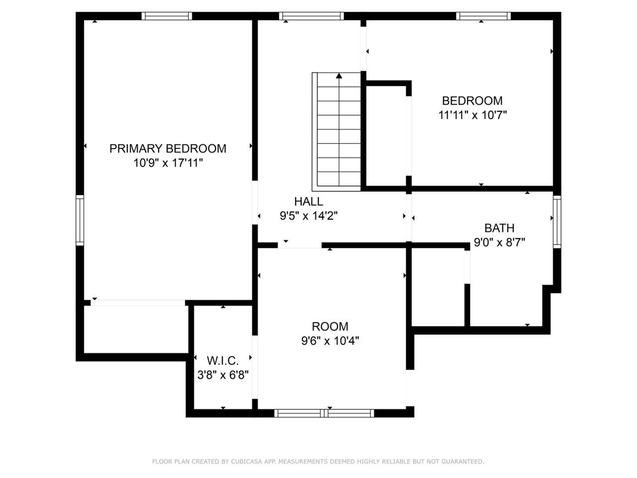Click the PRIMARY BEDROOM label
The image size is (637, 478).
point(167,148)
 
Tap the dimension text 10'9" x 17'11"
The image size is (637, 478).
point(168,163)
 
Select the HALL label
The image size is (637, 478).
point(309,202)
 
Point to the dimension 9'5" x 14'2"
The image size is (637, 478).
point(309,216)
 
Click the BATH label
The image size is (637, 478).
point(499,228)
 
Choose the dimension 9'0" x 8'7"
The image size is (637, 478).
point(499,242)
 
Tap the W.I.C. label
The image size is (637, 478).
point(222,361)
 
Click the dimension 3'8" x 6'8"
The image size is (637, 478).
point(223,375)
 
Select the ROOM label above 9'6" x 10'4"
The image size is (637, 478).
point(330,327)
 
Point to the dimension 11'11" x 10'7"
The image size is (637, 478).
point(472,115)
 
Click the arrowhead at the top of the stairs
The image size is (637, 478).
point(339,76)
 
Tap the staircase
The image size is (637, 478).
point(336,131)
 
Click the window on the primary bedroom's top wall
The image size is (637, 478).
point(167,16)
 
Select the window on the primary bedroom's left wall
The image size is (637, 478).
point(80,220)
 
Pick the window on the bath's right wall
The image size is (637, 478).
point(557,222)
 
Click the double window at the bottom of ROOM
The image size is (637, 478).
point(324,413)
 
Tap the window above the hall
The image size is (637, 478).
point(312,16)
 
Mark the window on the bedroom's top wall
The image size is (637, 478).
point(483,16)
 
